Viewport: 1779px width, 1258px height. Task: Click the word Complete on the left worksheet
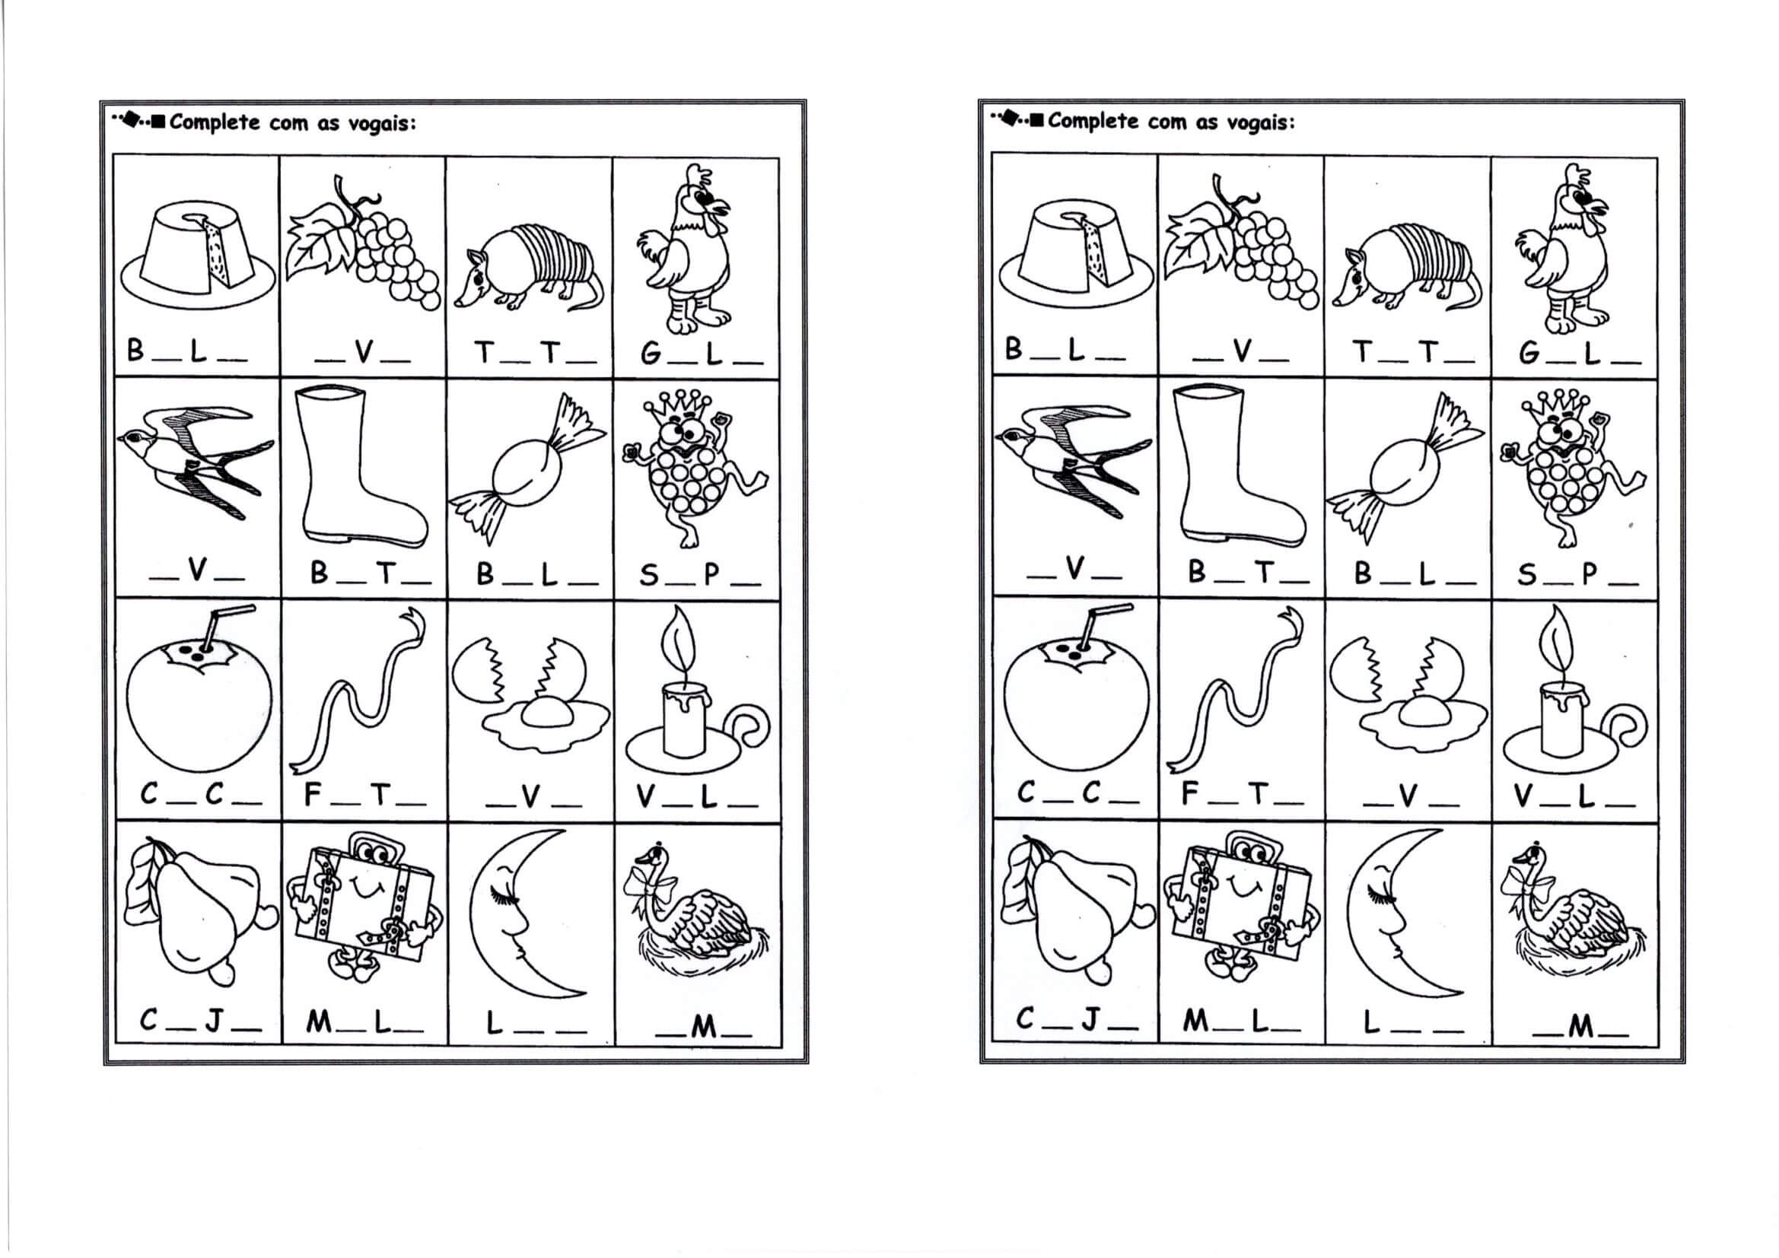[x=215, y=122]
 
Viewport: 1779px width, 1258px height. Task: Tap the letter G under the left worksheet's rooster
[x=651, y=353]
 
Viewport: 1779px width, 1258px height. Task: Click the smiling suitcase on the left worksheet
[x=363, y=909]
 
